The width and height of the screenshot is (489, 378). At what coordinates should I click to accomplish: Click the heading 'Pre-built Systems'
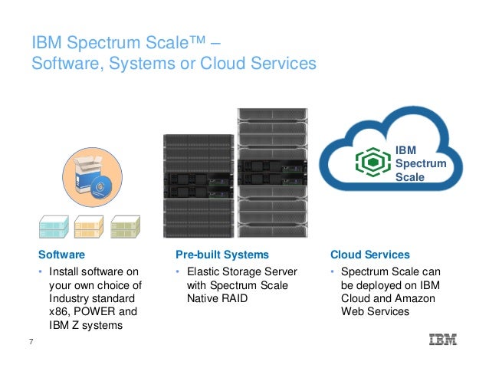tap(222, 254)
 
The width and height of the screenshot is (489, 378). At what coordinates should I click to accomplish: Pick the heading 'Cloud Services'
tap(369, 254)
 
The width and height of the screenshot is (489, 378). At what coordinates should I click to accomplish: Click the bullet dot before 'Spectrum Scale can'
tap(331, 272)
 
